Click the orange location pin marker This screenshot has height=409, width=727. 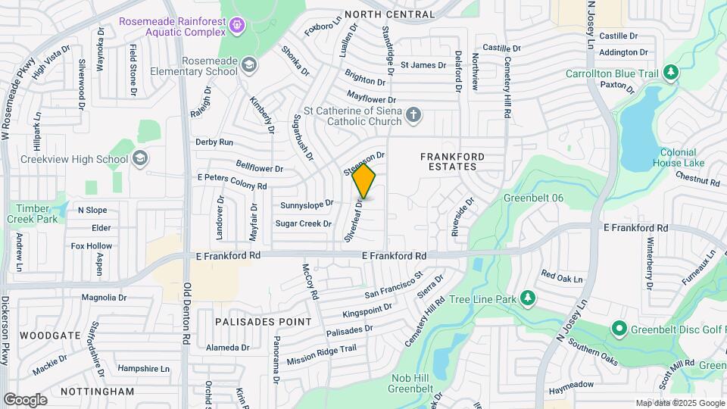[x=363, y=182]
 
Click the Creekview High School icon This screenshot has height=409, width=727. [x=139, y=158]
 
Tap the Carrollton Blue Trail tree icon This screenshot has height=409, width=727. [x=669, y=73]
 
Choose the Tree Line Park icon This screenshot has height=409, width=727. [x=528, y=299]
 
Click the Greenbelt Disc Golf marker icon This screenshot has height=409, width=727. [x=619, y=329]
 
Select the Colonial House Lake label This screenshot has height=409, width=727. [x=678, y=157]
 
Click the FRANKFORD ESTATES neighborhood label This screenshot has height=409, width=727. [x=452, y=161]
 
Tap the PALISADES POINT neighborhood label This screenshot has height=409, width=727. [x=264, y=321]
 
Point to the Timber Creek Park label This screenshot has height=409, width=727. [x=33, y=213]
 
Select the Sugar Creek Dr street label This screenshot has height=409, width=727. [x=303, y=223]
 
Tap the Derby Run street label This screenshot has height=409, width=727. [x=214, y=142]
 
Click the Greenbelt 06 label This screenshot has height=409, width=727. [x=533, y=198]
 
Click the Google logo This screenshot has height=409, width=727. [x=25, y=399]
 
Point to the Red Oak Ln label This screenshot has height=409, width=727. [x=562, y=278]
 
